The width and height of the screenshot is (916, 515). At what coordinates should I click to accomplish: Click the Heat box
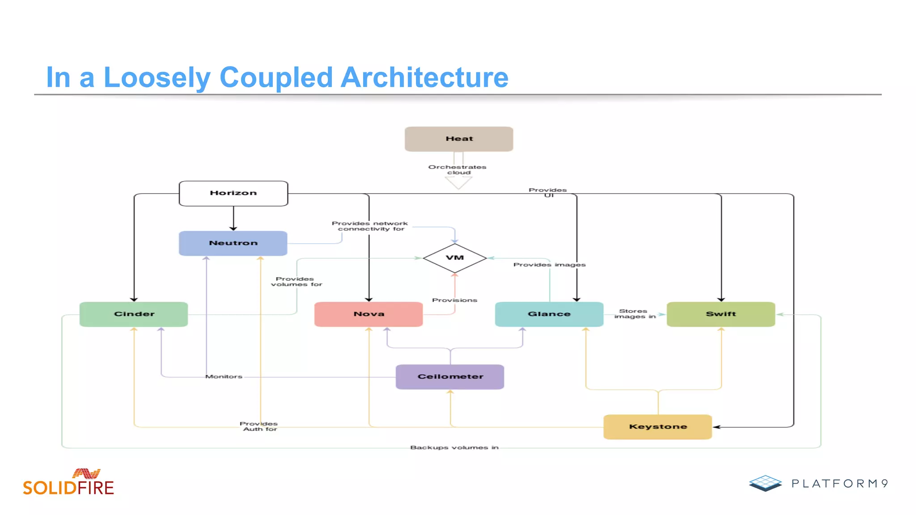point(459,139)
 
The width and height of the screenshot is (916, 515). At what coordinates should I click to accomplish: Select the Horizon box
point(233,193)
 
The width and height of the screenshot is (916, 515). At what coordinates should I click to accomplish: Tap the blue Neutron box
point(233,243)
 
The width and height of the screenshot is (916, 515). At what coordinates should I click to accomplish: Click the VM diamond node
point(455,258)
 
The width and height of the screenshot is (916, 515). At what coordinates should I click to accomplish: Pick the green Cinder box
point(134,314)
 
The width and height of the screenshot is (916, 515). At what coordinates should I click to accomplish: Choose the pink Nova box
point(369,314)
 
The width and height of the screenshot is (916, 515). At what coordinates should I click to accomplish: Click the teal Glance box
point(549,314)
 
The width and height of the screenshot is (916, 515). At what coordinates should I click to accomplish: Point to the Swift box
point(721,314)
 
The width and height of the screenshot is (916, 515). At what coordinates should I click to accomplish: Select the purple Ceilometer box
point(450,377)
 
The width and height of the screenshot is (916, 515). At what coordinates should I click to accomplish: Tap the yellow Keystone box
point(657,427)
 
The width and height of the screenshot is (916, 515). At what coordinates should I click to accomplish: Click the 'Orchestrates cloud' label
point(457,170)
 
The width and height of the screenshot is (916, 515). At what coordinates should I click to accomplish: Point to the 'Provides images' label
point(549,265)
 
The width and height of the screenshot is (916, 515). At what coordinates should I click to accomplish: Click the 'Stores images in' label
point(634,314)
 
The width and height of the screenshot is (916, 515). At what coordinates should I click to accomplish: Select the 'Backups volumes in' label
point(454,447)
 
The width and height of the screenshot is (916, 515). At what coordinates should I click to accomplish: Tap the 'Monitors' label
point(224,377)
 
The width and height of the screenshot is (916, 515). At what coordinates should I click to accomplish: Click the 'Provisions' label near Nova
point(454,300)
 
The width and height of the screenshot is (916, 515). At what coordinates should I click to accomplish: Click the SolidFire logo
point(68,483)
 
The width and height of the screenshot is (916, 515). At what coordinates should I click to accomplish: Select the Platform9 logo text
point(839,484)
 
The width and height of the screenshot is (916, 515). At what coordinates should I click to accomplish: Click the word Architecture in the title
point(424,78)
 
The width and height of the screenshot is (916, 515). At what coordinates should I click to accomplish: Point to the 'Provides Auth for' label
point(259,426)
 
